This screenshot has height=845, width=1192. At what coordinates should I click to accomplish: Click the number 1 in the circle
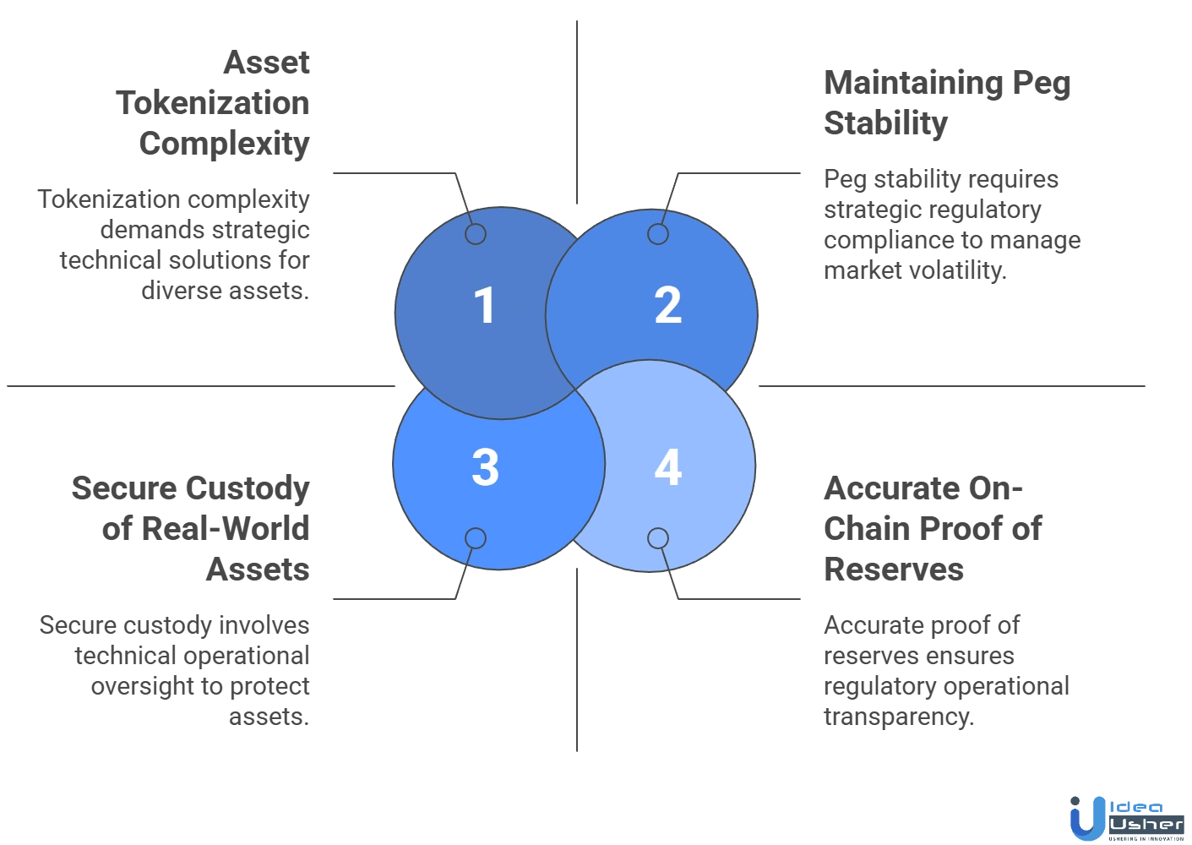(484, 305)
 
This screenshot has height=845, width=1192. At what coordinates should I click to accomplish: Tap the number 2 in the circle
(667, 305)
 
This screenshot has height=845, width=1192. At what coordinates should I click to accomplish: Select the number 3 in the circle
(485, 467)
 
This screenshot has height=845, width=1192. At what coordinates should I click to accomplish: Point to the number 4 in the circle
(667, 467)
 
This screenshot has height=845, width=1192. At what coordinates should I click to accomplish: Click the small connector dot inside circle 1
(476, 234)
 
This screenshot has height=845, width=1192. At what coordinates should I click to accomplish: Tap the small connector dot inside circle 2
(657, 234)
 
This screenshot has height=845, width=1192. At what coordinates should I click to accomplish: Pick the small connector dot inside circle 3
(476, 538)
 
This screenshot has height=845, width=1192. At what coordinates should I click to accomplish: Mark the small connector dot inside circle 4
(658, 538)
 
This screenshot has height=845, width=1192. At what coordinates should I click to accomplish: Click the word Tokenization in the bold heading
(215, 103)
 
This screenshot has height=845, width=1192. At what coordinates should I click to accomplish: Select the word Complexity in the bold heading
(223, 143)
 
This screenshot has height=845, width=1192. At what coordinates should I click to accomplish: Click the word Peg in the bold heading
(1043, 84)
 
